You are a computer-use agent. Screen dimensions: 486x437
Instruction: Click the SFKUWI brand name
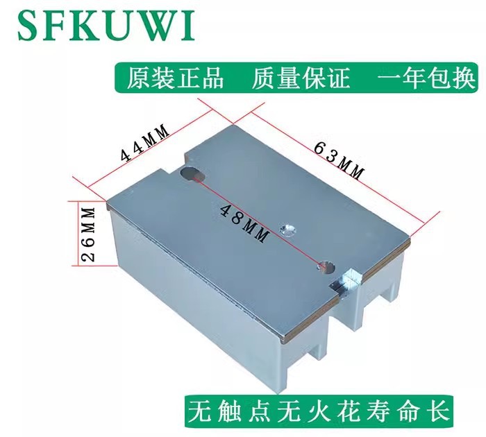(106, 25)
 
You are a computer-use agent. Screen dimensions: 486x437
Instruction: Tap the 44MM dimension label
(145, 143)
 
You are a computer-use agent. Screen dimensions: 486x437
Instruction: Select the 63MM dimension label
(338, 160)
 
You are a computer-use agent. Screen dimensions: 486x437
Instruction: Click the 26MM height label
(87, 234)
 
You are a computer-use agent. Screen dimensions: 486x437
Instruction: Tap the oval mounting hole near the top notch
(193, 174)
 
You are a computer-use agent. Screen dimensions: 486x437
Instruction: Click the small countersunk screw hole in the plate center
(288, 230)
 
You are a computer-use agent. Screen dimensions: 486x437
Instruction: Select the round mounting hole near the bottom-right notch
(326, 266)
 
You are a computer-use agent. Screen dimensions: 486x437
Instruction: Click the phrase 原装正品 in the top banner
(175, 78)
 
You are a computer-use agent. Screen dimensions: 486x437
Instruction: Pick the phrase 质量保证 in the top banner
(301, 78)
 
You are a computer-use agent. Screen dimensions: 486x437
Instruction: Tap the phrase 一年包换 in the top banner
(426, 78)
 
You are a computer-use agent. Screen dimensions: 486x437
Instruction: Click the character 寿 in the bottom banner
(379, 411)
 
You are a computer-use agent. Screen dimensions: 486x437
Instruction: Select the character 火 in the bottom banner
(319, 411)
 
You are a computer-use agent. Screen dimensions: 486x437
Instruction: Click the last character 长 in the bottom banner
(439, 411)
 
